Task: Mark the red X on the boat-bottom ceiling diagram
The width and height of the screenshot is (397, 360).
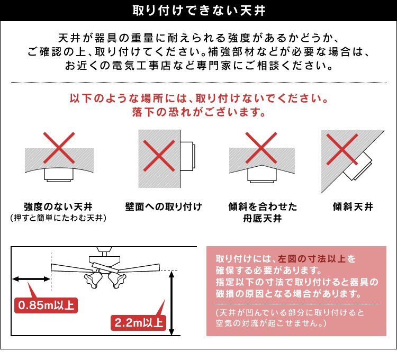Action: [262, 147]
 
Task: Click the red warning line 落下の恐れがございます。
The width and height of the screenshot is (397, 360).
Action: [198, 113]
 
